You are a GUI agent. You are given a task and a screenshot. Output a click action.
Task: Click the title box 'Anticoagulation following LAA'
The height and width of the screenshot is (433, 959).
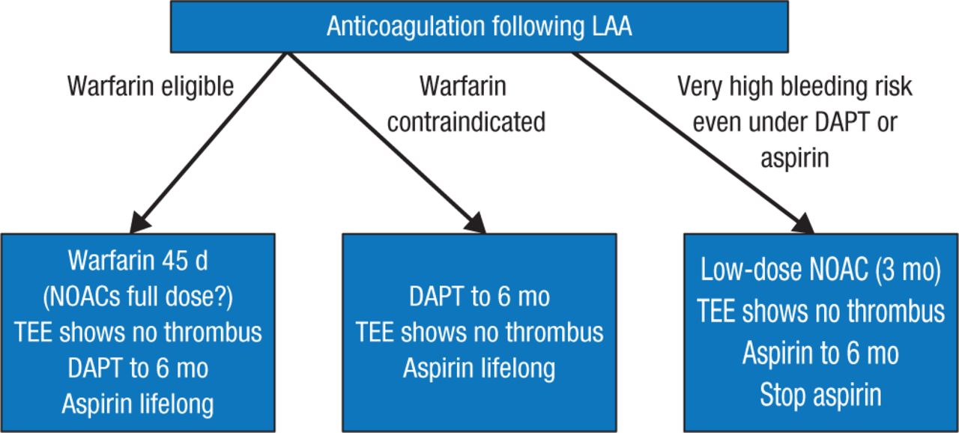click(x=479, y=27)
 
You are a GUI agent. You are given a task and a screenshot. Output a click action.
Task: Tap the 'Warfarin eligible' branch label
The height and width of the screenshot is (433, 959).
click(x=151, y=87)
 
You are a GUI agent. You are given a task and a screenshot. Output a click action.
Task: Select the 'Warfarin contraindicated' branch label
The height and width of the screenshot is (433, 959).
click(x=466, y=104)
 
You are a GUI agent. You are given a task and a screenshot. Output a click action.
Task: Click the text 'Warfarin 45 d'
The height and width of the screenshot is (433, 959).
click(x=139, y=261)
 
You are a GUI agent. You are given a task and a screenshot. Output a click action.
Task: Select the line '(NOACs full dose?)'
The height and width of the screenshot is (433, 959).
click(x=139, y=297)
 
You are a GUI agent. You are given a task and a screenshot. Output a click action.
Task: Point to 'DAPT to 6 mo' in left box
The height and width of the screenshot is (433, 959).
click(x=139, y=369)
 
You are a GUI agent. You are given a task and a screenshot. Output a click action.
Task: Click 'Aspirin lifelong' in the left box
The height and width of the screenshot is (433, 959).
click(x=139, y=404)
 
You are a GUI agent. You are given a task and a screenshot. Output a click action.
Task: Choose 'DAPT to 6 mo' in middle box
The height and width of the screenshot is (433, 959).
click(x=479, y=297)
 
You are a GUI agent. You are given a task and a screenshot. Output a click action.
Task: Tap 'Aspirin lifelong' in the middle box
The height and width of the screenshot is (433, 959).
click(x=479, y=369)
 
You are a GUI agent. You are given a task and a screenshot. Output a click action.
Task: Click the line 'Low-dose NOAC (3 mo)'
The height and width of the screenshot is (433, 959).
click(x=820, y=271)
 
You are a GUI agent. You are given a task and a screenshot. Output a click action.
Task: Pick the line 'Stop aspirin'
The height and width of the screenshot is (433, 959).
click(x=820, y=395)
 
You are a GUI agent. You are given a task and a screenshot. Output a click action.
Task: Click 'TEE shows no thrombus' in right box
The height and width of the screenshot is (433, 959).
click(x=820, y=312)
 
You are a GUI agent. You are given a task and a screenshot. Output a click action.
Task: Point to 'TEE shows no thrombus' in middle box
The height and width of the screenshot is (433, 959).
click(x=479, y=332)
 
